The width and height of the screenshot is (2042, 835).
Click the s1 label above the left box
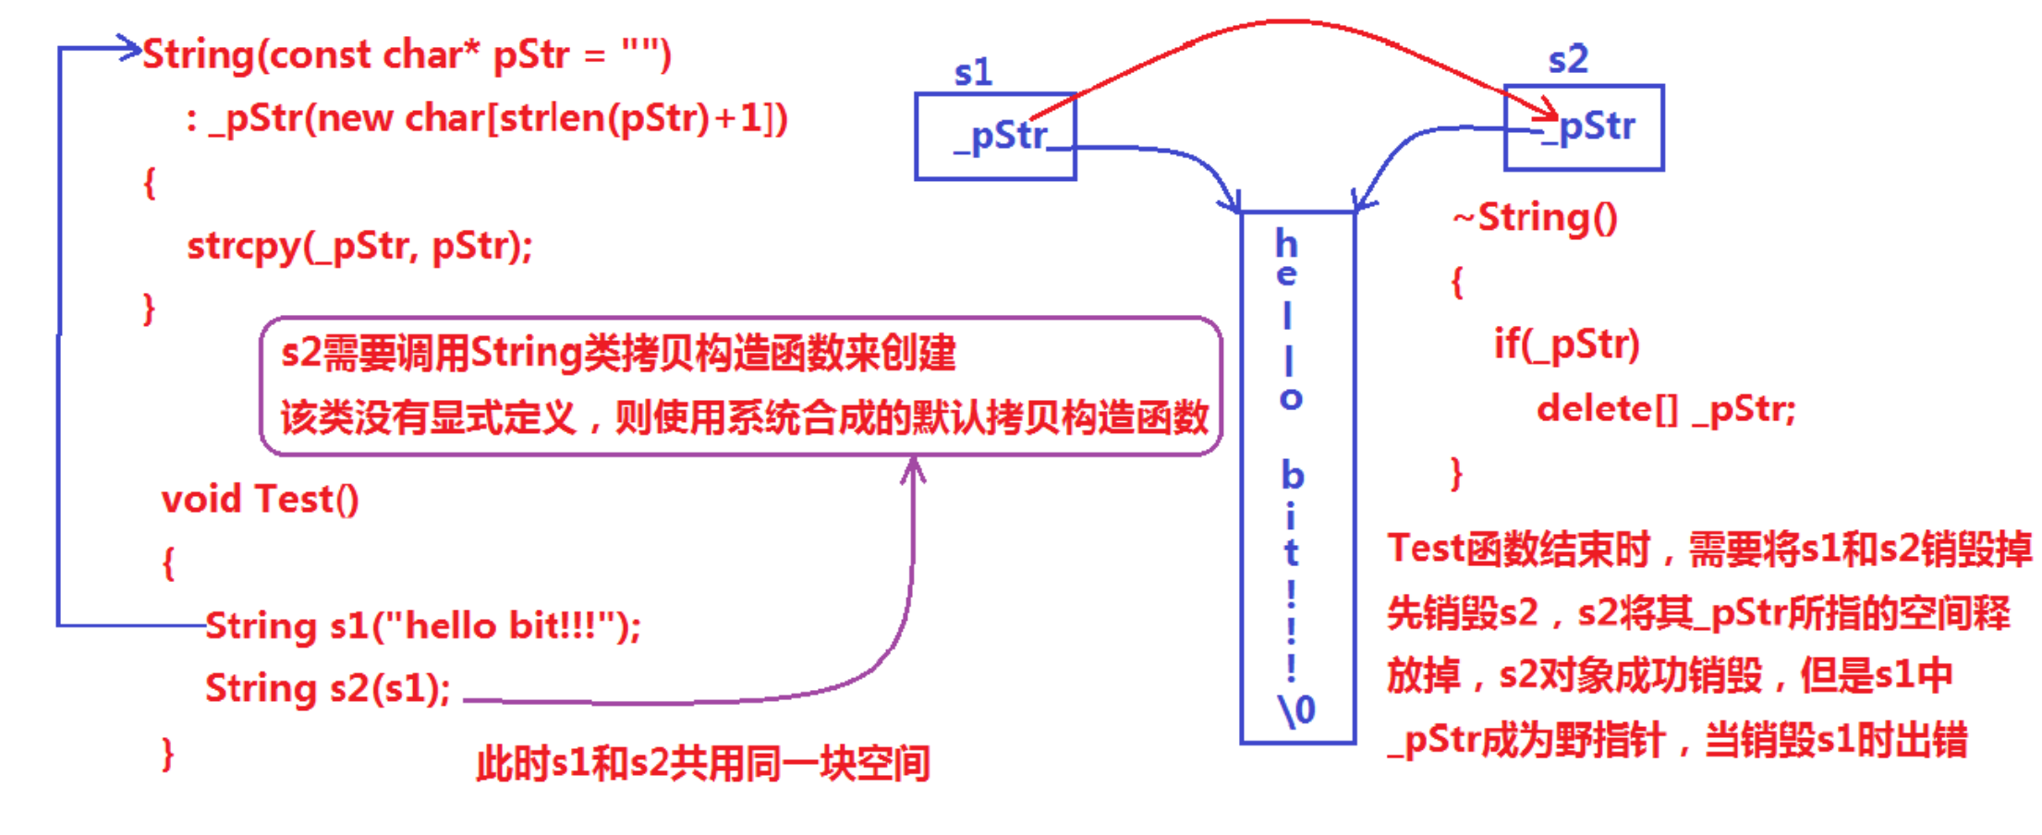973,72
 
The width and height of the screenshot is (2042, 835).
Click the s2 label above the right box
1568,60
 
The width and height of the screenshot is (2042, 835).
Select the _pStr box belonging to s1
995,136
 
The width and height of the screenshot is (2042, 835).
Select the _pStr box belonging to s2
1584,127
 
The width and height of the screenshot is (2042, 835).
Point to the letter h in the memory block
1286,244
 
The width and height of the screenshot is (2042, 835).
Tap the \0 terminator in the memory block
1296,709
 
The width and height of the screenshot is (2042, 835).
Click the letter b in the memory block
1292,476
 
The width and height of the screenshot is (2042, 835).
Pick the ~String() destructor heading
1535,218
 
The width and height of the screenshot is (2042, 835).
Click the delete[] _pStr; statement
1666,408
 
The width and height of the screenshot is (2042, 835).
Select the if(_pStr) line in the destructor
1566,344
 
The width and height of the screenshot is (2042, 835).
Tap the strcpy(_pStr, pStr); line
359,246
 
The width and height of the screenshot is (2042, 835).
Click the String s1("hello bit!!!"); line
422,626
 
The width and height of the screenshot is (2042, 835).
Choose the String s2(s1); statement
328,688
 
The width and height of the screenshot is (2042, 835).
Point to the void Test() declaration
260,499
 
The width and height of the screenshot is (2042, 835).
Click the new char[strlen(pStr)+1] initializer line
487,119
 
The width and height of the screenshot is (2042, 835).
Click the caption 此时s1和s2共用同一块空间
702,765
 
